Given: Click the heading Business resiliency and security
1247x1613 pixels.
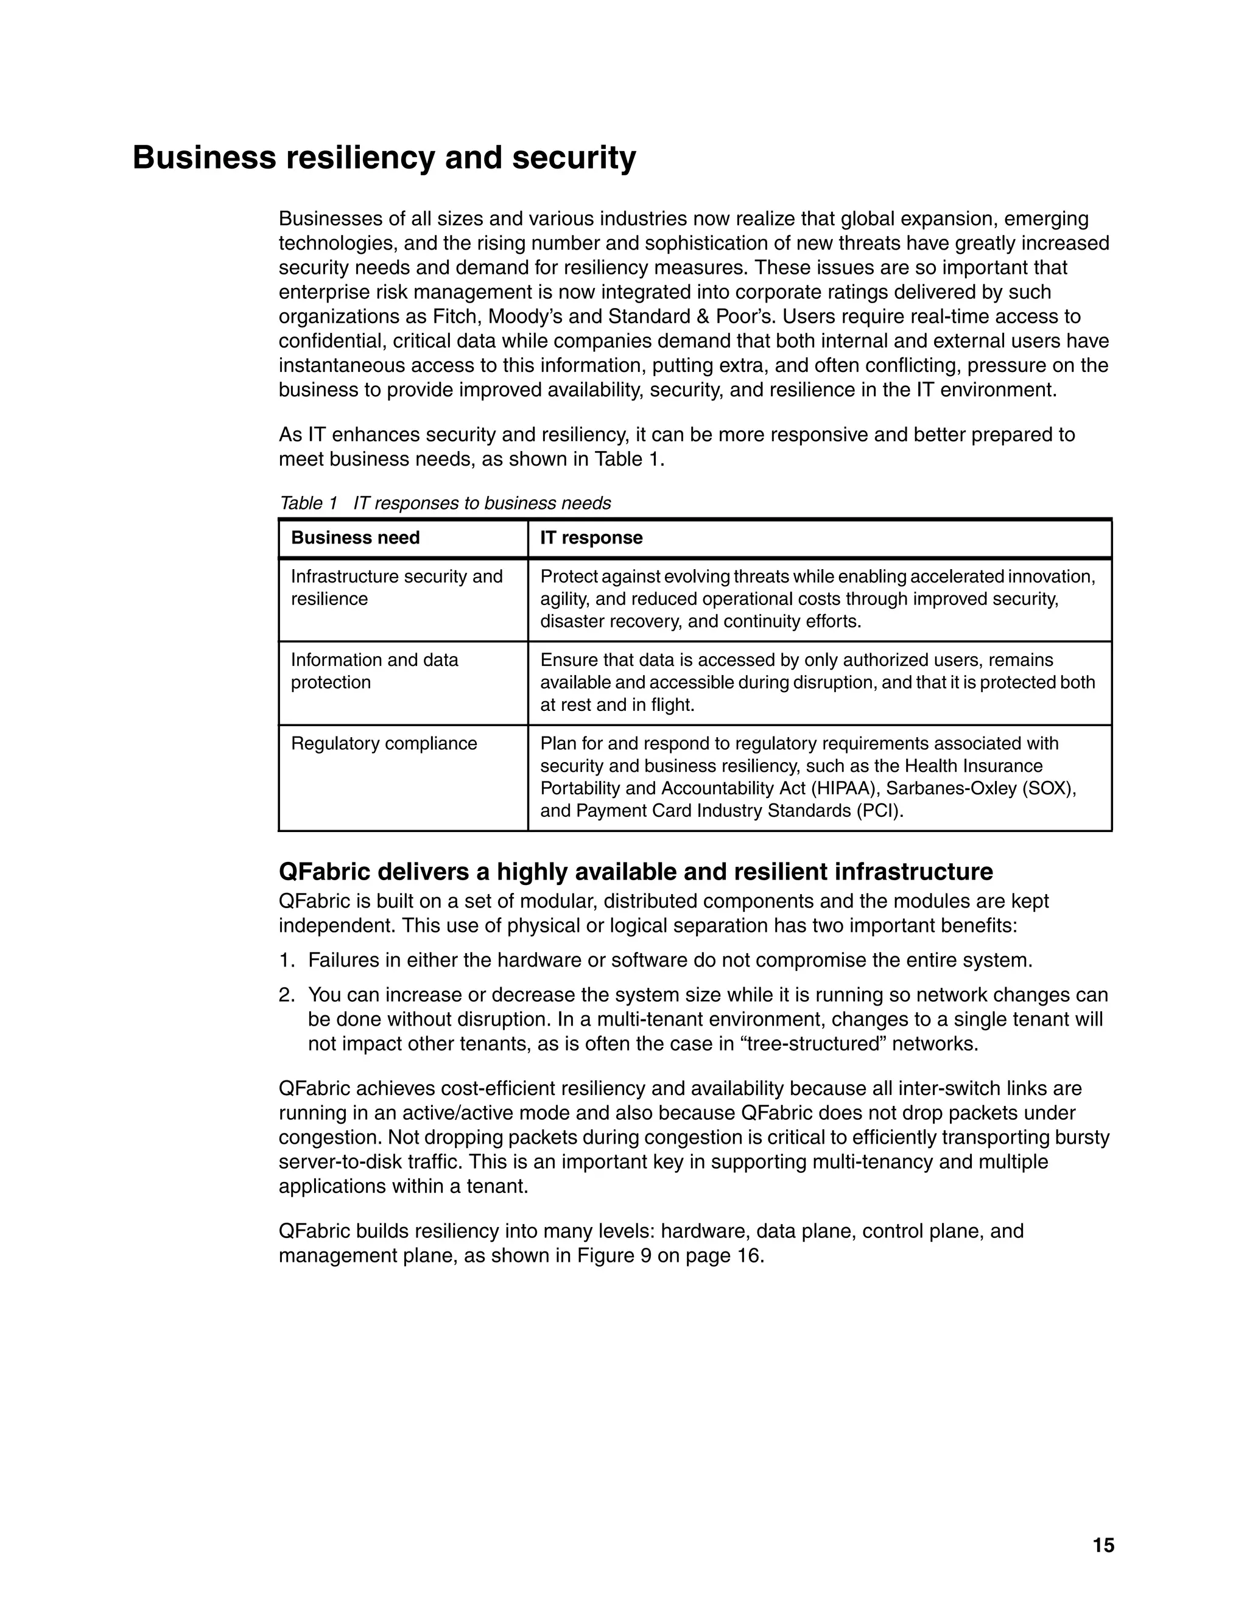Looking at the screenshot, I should pos(384,158).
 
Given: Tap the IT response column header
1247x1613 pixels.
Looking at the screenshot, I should pos(591,537).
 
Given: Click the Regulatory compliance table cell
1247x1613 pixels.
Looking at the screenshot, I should pos(384,743).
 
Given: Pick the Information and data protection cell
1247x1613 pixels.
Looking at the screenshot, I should pos(374,671).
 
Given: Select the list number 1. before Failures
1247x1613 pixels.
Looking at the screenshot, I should pos(287,961).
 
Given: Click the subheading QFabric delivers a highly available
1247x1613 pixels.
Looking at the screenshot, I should pos(635,872).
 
